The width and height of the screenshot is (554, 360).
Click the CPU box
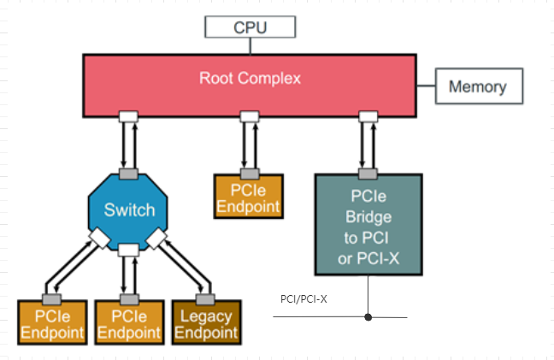[x=250, y=27]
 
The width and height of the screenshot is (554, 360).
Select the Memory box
[x=477, y=87]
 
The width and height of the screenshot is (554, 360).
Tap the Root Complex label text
[x=250, y=79]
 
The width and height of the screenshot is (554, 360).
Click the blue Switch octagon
[x=129, y=210]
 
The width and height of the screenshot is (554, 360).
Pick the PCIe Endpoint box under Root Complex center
[x=249, y=198]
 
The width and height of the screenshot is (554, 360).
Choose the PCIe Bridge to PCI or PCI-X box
[x=368, y=224]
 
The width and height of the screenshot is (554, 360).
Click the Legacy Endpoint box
[x=205, y=323]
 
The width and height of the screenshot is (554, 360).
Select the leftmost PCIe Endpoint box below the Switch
[x=52, y=323]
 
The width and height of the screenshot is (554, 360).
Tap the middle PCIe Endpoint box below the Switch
[x=128, y=323]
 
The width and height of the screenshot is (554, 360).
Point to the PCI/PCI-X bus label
[x=304, y=299]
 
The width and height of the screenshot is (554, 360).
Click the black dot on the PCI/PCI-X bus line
[x=368, y=317]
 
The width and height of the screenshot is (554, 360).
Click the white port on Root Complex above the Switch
[x=129, y=116]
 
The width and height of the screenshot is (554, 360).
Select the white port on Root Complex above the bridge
[x=368, y=116]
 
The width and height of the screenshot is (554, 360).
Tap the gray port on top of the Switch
[x=129, y=174]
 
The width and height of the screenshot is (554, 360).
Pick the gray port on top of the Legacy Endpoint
[x=205, y=298]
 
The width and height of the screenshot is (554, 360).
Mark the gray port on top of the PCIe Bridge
[x=368, y=170]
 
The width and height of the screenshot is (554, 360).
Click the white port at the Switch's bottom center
[x=128, y=250]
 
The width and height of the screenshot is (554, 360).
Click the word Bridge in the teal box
[x=369, y=217]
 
